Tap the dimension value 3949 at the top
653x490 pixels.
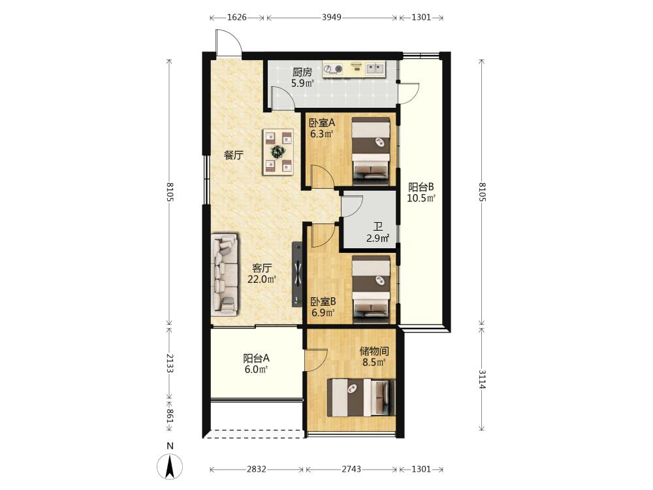332,18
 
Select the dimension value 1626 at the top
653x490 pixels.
237,18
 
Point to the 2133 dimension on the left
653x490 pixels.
170,363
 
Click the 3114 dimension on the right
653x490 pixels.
482,379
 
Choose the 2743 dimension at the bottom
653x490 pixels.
351,469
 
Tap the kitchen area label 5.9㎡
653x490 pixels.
302,84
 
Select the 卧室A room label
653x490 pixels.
322,123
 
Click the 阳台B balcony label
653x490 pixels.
421,187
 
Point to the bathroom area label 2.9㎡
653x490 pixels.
377,238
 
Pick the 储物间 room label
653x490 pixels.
374,351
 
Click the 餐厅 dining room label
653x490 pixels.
234,155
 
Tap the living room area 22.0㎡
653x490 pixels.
262,279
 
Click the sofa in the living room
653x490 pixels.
225,274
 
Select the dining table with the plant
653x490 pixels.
278,152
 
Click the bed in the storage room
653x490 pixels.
361,397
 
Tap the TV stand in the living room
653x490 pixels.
297,274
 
